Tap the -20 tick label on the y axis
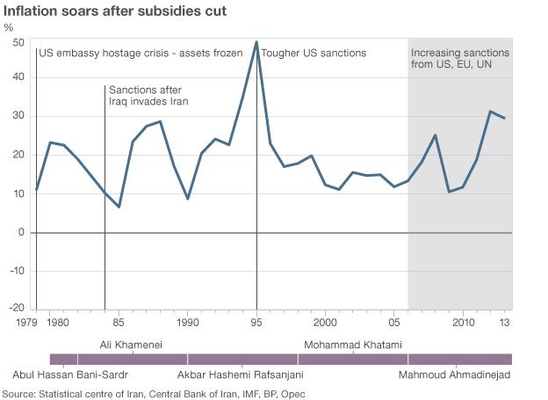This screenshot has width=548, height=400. (15, 309)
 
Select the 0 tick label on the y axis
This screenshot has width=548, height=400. (21, 232)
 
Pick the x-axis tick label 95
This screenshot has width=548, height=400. (256, 324)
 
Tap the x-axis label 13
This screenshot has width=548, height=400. (505, 324)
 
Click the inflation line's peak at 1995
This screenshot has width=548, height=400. (256, 41)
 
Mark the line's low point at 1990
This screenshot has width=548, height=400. (188, 199)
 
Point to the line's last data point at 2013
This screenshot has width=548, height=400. (504, 118)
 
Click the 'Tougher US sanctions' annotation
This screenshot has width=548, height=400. (314, 54)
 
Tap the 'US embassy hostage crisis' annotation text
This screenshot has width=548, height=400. (141, 54)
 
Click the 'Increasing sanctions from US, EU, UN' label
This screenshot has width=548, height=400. (459, 59)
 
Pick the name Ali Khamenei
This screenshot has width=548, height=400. (131, 344)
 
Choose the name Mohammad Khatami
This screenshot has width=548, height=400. (352, 344)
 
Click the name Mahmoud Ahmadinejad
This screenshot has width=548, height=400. (454, 375)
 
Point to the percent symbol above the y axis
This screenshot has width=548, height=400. (9, 26)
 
